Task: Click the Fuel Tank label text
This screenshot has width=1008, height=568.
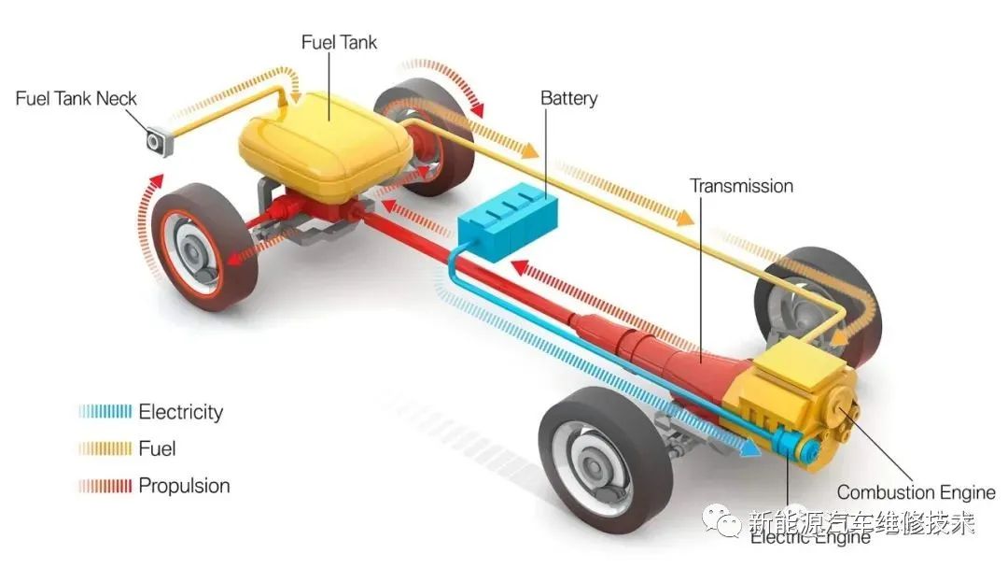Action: click(339, 43)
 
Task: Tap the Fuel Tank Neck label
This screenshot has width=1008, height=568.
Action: click(77, 98)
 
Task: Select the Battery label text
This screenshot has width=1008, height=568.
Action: click(568, 98)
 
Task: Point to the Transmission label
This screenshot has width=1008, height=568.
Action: click(741, 186)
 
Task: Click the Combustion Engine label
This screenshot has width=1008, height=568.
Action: click(916, 492)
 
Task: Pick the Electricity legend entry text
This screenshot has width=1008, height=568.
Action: click(181, 412)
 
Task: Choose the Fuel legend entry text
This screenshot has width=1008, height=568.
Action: click(157, 448)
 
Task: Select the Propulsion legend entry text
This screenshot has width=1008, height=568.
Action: click(184, 486)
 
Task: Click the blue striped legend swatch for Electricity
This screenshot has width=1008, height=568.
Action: click(105, 412)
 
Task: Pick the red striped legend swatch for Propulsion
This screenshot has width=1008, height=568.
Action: click(105, 486)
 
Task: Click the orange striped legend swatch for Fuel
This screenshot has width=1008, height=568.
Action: click(105, 448)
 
